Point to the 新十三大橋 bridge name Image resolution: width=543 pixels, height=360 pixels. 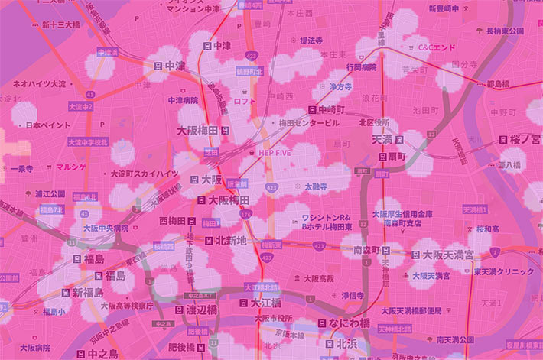pyautogui.click(x=60, y=24)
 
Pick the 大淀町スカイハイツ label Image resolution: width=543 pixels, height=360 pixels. pyautogui.click(x=145, y=174)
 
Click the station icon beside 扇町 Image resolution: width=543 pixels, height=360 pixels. pyautogui.click(x=381, y=155)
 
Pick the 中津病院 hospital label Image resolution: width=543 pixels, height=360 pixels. pyautogui.click(x=182, y=100)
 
